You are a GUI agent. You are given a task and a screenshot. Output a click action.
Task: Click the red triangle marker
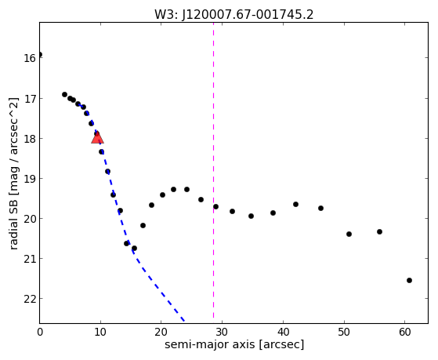click(97, 138)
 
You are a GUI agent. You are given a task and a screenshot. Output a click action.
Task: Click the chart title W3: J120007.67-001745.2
click(234, 15)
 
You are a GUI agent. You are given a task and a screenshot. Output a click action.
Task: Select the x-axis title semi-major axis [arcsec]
click(234, 344)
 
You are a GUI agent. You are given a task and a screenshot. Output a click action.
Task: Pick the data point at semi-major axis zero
click(40, 55)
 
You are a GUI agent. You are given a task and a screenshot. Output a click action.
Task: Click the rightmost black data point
click(409, 280)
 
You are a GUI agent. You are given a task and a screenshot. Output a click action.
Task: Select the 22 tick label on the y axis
click(30, 300)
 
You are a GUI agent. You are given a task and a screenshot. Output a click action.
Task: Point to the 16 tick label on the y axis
click(30, 59)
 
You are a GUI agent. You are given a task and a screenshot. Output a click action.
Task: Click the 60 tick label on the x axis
click(405, 332)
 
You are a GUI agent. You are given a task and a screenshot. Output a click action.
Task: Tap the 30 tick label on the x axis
click(222, 332)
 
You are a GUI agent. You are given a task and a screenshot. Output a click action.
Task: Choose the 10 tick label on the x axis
click(100, 332)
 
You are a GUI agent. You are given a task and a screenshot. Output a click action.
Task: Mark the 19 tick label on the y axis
click(30, 179)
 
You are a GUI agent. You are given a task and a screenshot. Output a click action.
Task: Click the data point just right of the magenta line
click(215, 207)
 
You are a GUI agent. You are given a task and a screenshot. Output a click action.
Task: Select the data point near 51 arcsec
click(349, 234)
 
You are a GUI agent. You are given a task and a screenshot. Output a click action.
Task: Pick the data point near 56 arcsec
click(379, 231)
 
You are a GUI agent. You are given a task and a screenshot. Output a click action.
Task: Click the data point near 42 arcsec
click(295, 204)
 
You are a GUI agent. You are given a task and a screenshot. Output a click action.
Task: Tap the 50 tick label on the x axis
click(344, 332)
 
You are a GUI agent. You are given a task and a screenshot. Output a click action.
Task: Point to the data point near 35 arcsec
click(251, 216)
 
